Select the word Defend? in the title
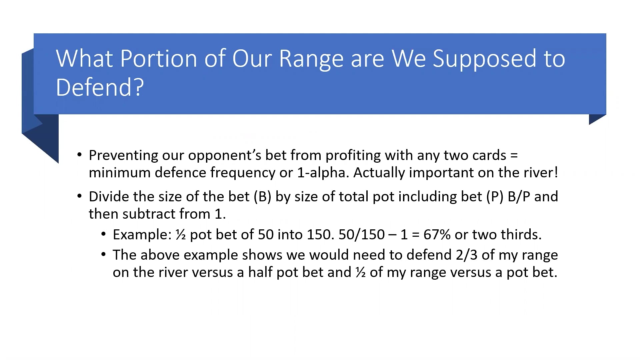100,87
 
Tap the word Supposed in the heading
485,59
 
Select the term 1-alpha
323,173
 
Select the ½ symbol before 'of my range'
361,272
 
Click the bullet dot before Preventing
79,155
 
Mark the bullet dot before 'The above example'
104,255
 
